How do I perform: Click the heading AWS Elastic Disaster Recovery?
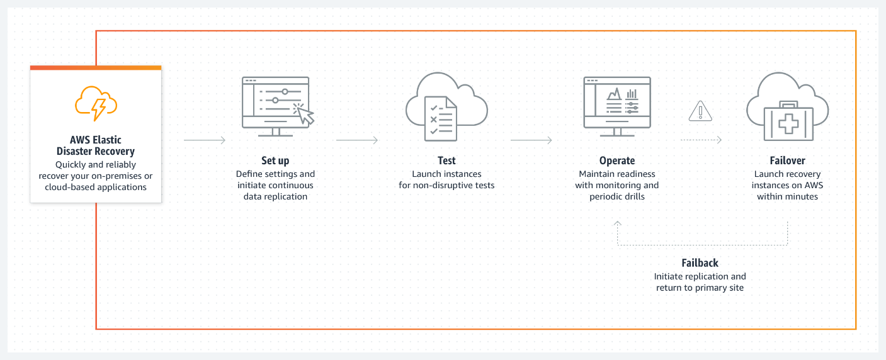point(96,145)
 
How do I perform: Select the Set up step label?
point(275,160)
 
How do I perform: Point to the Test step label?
point(446,160)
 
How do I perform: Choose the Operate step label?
point(617,160)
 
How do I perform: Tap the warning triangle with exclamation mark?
point(700,111)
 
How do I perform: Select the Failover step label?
point(787,160)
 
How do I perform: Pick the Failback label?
point(700,262)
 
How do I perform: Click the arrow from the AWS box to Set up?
point(204,140)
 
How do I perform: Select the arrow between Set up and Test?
point(357,140)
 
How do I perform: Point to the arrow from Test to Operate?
point(531,140)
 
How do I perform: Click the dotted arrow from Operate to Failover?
point(701,140)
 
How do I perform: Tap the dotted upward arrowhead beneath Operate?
point(618,223)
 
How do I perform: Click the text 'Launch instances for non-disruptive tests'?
point(446,179)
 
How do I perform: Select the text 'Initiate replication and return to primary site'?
point(700,282)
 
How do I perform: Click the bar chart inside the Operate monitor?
point(632,94)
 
